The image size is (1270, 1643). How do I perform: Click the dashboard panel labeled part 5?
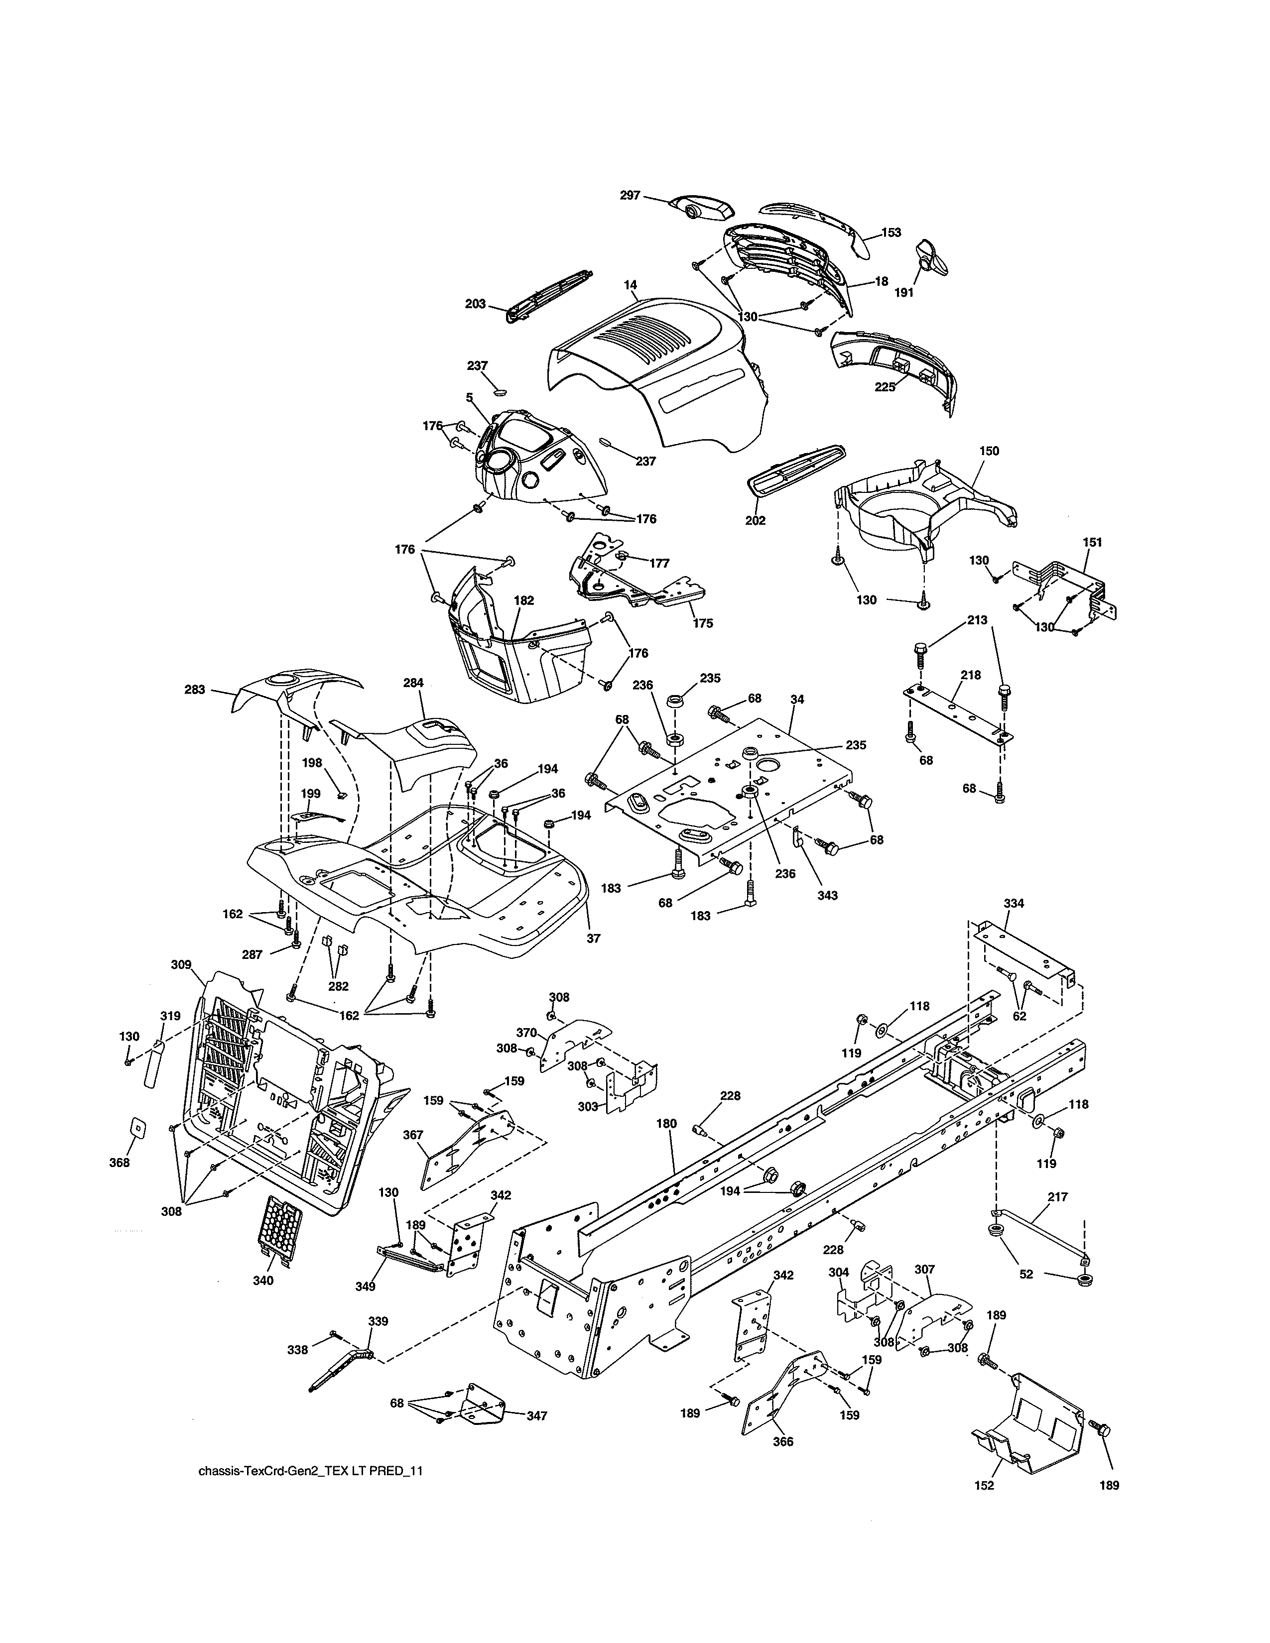[526, 459]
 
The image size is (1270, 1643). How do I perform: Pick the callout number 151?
[1092, 542]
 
